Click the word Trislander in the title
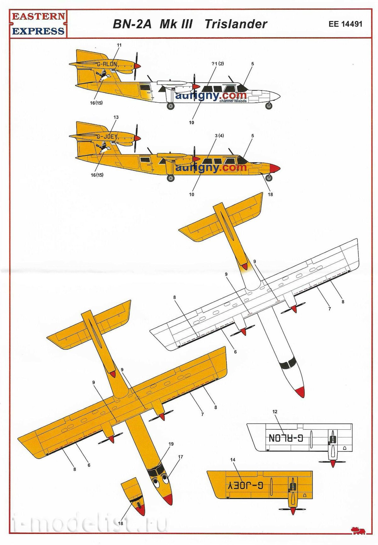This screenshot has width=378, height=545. (236, 24)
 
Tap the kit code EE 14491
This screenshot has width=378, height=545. (345, 24)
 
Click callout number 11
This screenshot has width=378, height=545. (119, 45)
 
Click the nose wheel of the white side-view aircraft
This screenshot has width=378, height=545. (269, 106)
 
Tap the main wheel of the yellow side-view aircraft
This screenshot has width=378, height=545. (171, 178)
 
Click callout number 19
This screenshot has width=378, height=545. (171, 444)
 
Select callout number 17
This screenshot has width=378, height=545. (180, 457)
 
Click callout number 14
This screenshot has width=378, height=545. (233, 460)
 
